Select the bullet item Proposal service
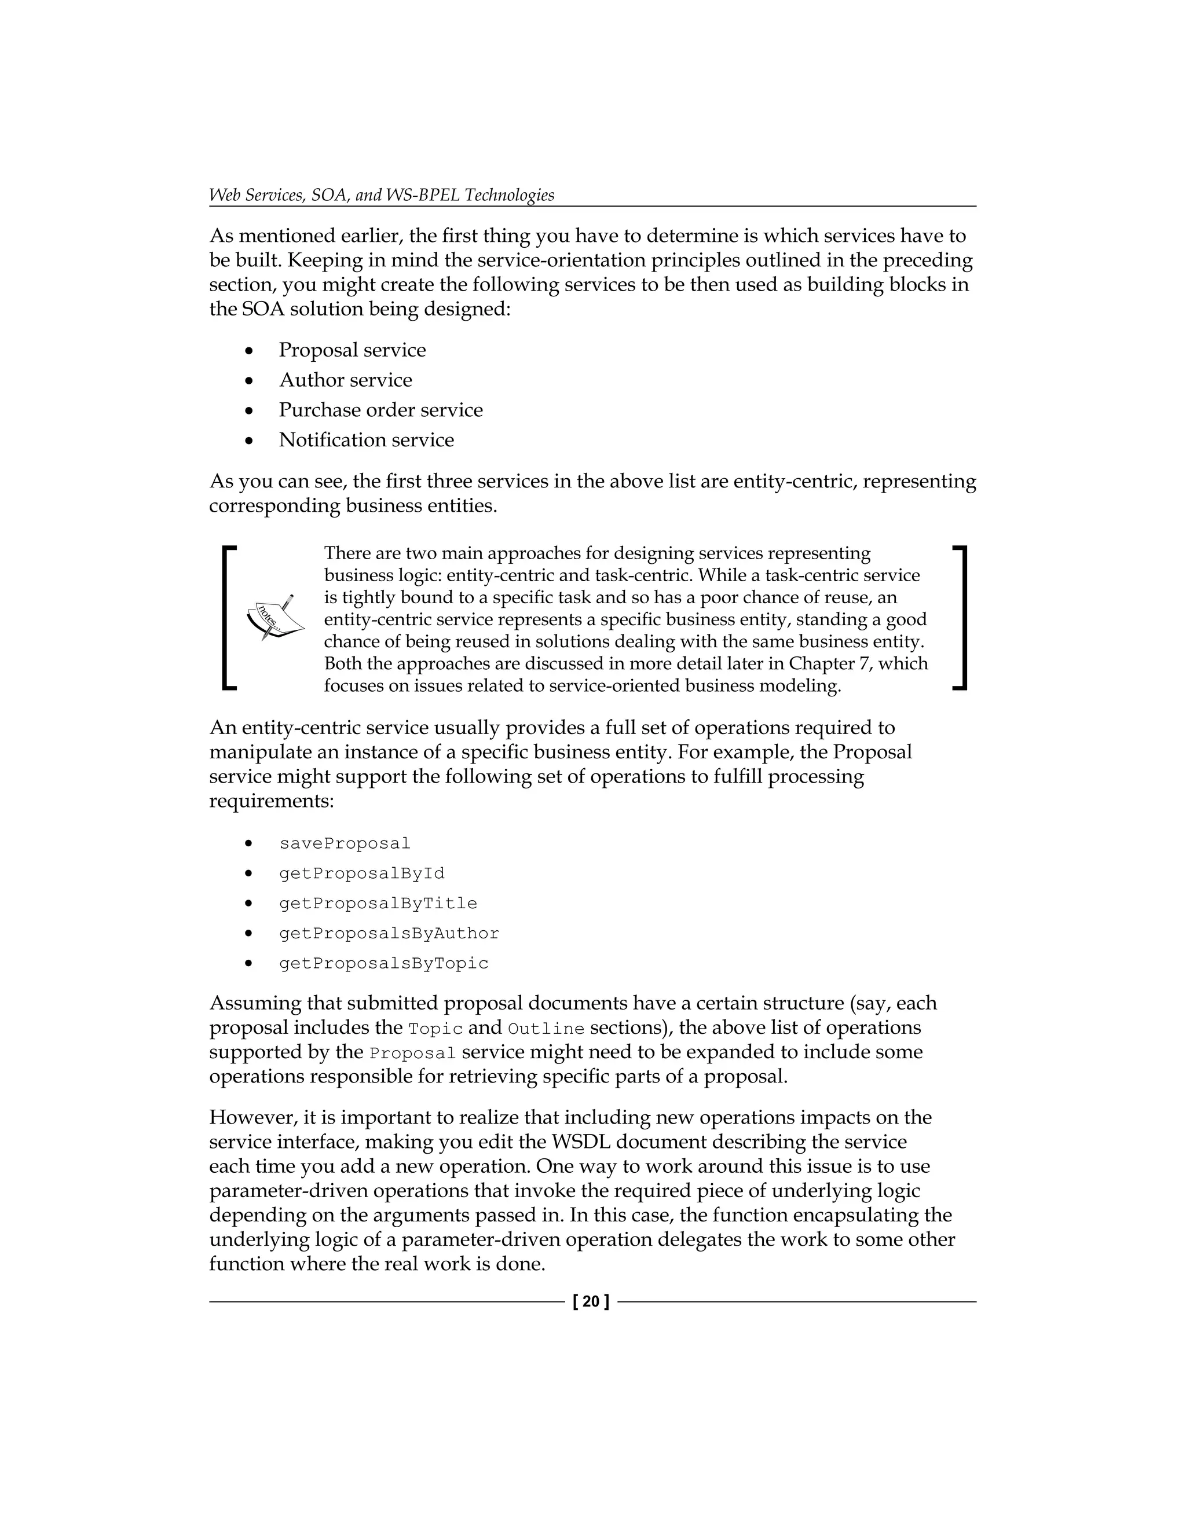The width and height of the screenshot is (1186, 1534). (x=352, y=350)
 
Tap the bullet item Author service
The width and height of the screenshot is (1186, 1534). (x=345, y=380)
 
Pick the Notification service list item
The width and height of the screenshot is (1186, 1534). (x=366, y=441)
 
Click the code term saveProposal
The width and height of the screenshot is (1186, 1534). (x=345, y=843)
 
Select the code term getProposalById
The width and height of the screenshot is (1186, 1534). (x=362, y=874)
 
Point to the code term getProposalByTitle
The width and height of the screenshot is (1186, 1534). (x=378, y=904)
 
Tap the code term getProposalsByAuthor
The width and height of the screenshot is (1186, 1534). (x=389, y=934)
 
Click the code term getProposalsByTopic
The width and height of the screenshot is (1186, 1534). (x=383, y=964)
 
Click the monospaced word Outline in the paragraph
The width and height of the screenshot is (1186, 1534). (x=546, y=1030)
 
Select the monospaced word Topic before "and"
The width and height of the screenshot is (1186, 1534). (x=435, y=1030)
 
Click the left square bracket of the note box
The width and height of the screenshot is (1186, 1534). (x=228, y=618)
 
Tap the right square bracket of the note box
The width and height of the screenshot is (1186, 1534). (x=961, y=618)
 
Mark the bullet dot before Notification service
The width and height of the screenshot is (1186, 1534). (x=248, y=441)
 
